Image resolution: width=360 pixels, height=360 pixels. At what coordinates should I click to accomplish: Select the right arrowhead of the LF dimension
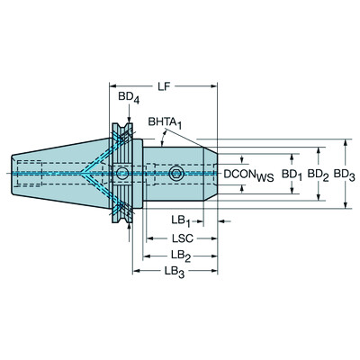(x=212, y=87)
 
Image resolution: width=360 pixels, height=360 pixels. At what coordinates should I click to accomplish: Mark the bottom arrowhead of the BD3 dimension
(x=349, y=207)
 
